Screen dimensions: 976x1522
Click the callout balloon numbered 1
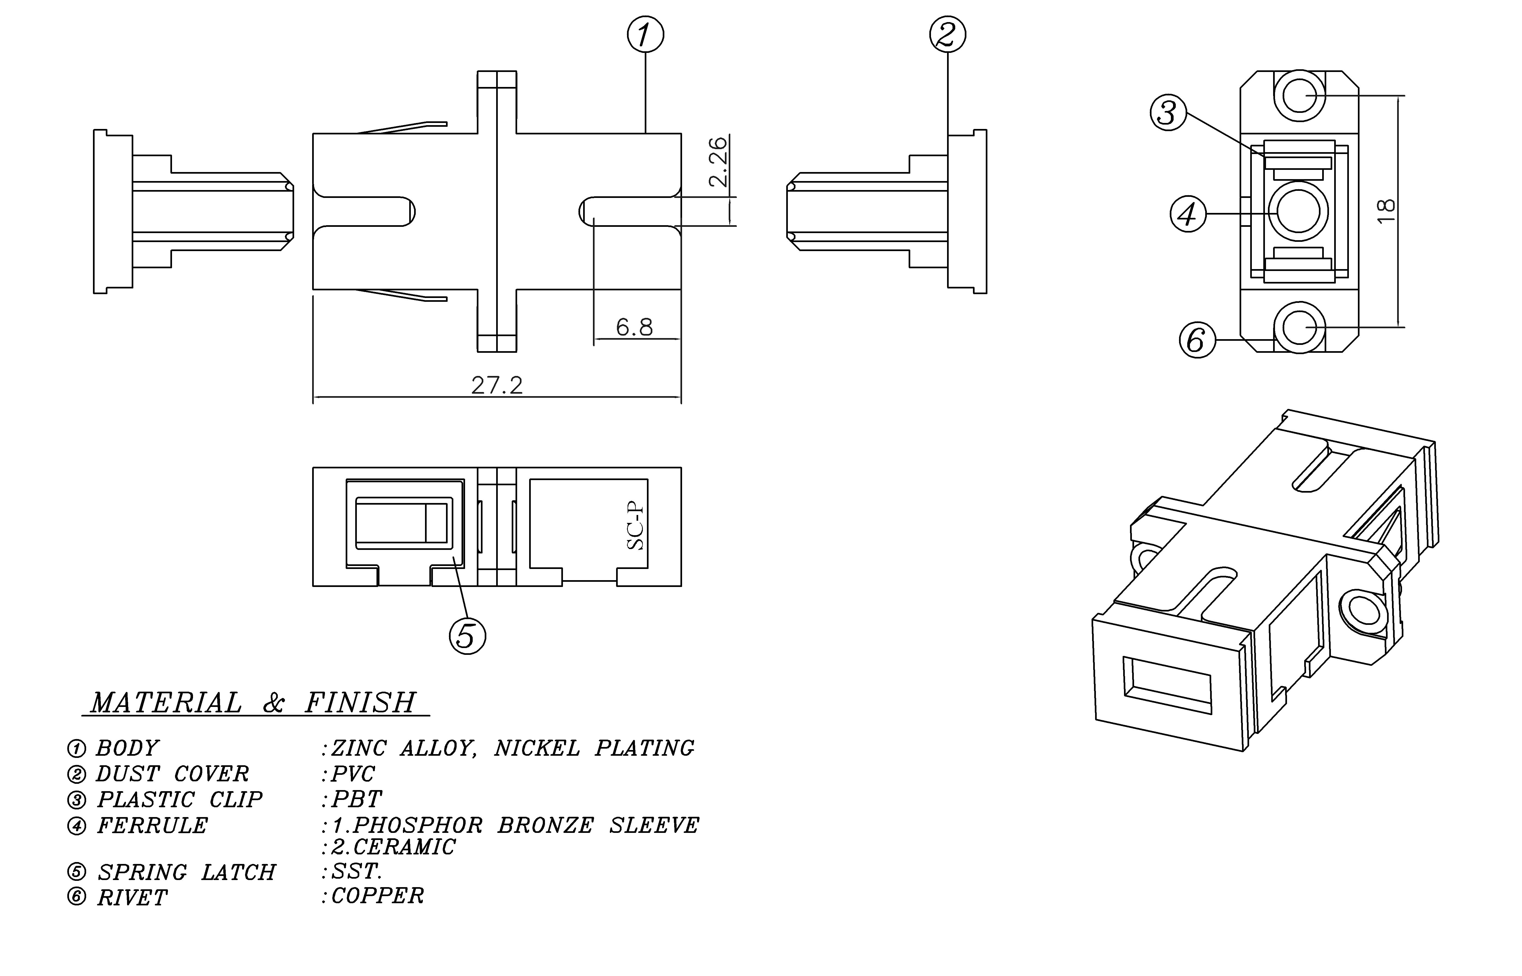pyautogui.click(x=645, y=35)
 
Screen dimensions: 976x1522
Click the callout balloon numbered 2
pyautogui.click(x=947, y=35)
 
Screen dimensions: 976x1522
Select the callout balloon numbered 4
pyautogui.click(x=1187, y=214)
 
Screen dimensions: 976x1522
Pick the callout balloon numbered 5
pyautogui.click(x=467, y=636)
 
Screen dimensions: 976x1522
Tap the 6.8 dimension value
pyautogui.click(x=634, y=327)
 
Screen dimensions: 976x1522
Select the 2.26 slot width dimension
pyautogui.click(x=718, y=162)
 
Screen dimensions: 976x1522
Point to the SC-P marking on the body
pyautogui.click(x=635, y=526)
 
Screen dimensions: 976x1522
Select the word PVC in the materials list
pyautogui.click(x=353, y=774)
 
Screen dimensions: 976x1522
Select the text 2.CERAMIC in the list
pyautogui.click(x=393, y=847)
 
